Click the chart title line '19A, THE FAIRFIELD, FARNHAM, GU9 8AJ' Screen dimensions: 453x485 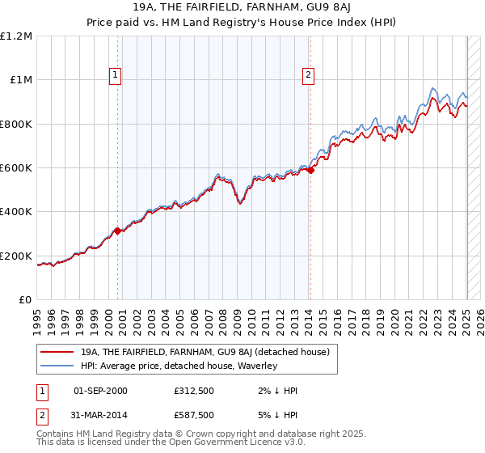pyautogui.click(x=242, y=9)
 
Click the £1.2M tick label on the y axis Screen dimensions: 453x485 pyautogui.click(x=16, y=36)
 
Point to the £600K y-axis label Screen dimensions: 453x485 pyautogui.click(x=16, y=168)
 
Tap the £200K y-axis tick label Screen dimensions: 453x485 pyautogui.click(x=16, y=256)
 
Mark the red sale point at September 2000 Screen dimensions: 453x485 pyautogui.click(x=118, y=231)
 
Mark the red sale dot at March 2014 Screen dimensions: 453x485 pyautogui.click(x=311, y=170)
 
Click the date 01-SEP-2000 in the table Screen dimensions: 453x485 pyautogui.click(x=100, y=391)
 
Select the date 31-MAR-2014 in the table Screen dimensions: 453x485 pyautogui.click(x=100, y=416)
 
